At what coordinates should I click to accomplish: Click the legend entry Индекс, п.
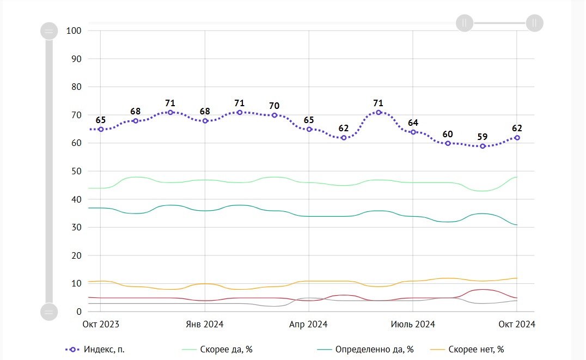pyautogui.click(x=103, y=349)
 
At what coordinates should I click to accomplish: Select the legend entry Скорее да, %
pyautogui.click(x=221, y=349)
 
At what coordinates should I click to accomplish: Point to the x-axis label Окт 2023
pyautogui.click(x=101, y=324)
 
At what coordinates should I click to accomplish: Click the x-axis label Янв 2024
pyautogui.click(x=205, y=324)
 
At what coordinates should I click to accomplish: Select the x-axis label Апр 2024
pyautogui.click(x=308, y=324)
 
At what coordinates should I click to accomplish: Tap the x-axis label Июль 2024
pyautogui.click(x=413, y=324)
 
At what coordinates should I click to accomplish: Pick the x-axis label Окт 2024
pyautogui.click(x=517, y=324)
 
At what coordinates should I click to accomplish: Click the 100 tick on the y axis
pyautogui.click(x=74, y=30)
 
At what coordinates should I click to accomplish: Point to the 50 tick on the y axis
pyautogui.click(x=76, y=171)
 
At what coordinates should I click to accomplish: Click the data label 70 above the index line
pyautogui.click(x=274, y=106)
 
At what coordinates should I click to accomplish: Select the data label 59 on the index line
pyautogui.click(x=482, y=137)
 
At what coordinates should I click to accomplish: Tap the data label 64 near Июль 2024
pyautogui.click(x=413, y=123)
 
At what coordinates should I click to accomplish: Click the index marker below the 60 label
pyautogui.click(x=448, y=143)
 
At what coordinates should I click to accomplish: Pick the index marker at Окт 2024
pyautogui.click(x=517, y=138)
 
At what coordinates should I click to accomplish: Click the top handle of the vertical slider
pyautogui.click(x=49, y=30)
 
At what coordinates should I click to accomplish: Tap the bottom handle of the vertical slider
pyautogui.click(x=49, y=312)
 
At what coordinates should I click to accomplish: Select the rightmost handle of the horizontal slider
pyautogui.click(x=534, y=23)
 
